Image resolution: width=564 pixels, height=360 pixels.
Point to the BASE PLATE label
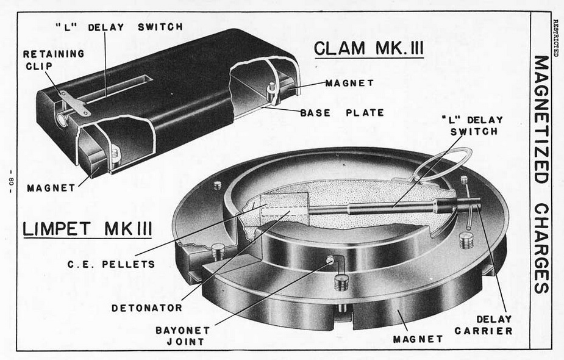(x=342, y=112)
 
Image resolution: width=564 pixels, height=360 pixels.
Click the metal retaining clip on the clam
(x=76, y=102)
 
